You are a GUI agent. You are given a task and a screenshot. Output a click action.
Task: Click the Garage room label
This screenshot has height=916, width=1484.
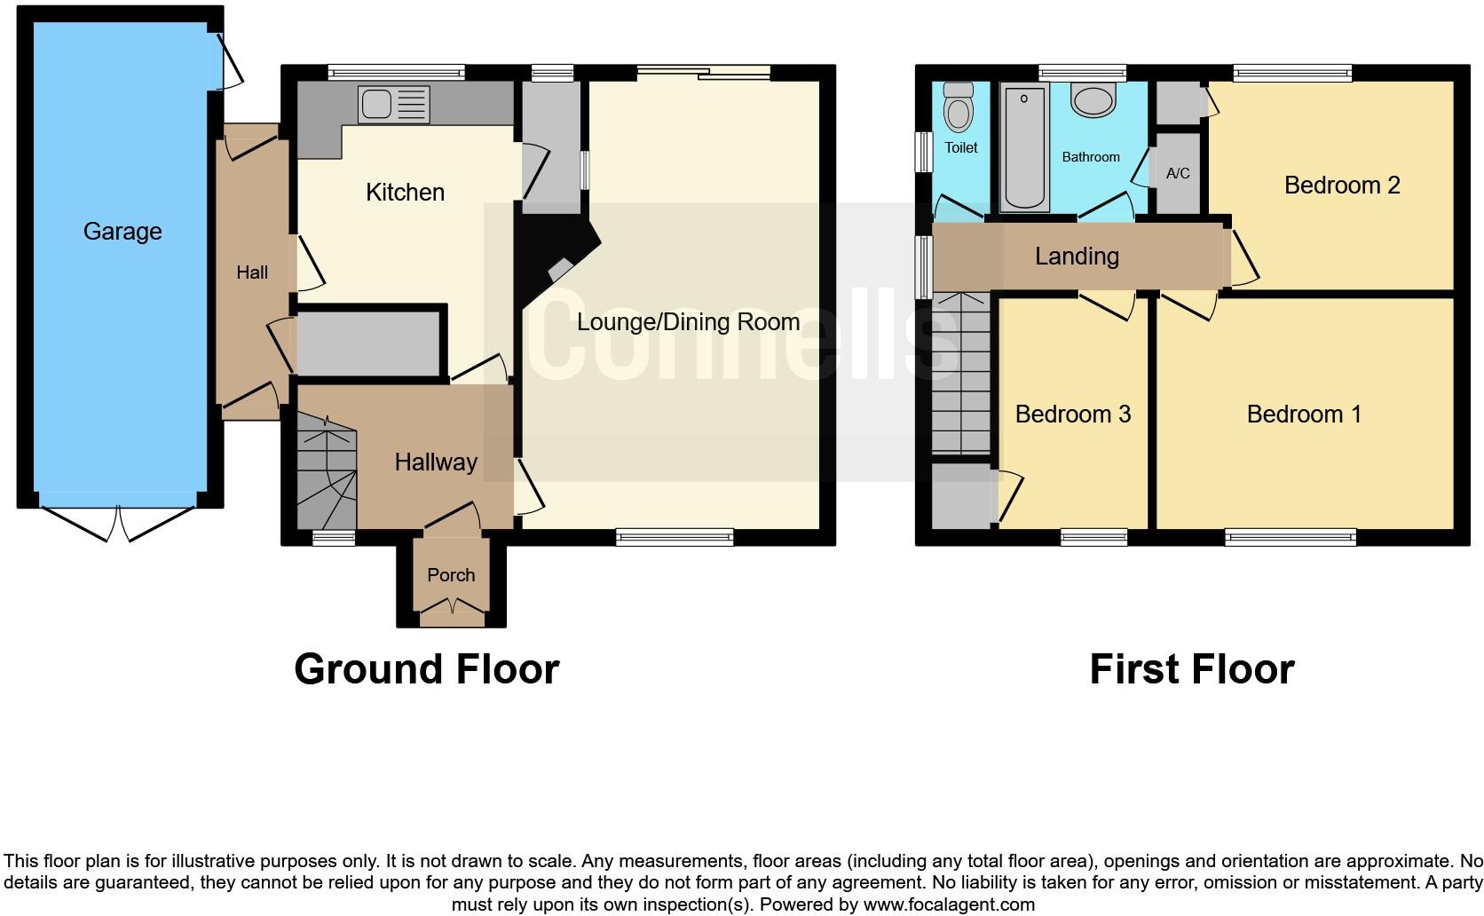click(x=122, y=232)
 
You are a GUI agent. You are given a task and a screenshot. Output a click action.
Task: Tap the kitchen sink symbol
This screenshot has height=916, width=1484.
click(x=393, y=104)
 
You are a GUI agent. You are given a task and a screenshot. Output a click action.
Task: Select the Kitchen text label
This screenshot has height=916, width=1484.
click(x=405, y=193)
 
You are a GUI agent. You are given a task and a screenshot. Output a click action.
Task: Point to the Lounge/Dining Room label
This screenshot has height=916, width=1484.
click(x=688, y=322)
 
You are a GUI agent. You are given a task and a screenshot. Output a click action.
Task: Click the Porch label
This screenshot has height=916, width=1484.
click(x=451, y=575)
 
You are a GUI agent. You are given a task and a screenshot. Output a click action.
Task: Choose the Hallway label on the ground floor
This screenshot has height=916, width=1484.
click(x=436, y=462)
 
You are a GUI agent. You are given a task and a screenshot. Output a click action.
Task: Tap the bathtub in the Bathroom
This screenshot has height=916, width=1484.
click(x=1024, y=147)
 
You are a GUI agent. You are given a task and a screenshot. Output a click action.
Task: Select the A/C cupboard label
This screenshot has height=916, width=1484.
click(x=1178, y=174)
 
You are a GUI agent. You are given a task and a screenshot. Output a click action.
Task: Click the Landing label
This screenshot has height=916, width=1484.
click(x=1077, y=257)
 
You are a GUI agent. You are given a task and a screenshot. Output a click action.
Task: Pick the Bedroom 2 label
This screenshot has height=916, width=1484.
click(x=1341, y=186)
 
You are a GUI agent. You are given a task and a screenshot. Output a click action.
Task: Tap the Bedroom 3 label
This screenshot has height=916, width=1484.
click(x=1072, y=415)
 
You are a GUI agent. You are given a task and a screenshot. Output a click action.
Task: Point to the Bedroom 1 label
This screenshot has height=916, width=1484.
click(x=1303, y=415)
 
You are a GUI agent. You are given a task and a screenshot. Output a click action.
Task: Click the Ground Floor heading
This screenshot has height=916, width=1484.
click(x=426, y=669)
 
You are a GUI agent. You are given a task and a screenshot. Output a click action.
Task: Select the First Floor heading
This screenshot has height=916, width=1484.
click(x=1191, y=669)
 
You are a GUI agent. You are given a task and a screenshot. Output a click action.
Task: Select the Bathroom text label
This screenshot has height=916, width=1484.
click(x=1091, y=157)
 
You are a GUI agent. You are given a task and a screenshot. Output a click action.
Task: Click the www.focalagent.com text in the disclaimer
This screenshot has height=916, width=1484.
click(x=948, y=905)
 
